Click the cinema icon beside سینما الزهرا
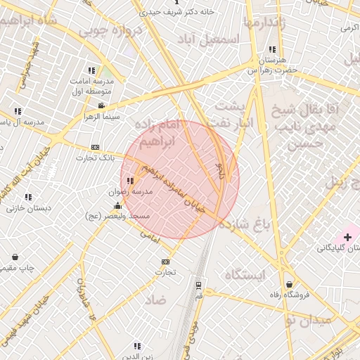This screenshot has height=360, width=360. click(x=102, y=105)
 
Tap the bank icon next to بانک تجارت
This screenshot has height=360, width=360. click(x=96, y=147)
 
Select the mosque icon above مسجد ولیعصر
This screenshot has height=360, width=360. click(x=117, y=206)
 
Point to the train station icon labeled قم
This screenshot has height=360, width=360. click(x=199, y=285)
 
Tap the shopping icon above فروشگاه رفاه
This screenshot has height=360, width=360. click(x=290, y=285)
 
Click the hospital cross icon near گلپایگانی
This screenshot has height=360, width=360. click(x=347, y=238)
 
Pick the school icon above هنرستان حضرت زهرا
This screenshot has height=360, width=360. click(x=271, y=50)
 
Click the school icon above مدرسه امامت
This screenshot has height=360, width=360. click(x=91, y=70)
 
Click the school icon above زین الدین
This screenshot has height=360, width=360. click(x=136, y=345)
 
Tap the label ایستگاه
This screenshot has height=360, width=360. click(x=245, y=275)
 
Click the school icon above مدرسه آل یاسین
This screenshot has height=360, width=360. click(x=18, y=111)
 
